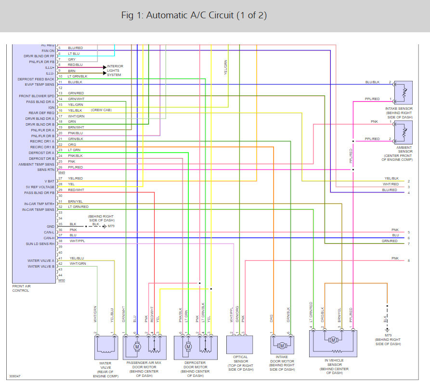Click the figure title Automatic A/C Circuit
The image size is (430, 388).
coord(194,15)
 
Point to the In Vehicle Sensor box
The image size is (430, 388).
coord(333,343)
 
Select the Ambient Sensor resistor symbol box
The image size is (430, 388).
coord(402,131)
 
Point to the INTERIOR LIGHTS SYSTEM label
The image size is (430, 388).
coord(115,70)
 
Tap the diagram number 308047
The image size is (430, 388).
coord(15,376)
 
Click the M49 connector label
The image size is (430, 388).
coord(61,172)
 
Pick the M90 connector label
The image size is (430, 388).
coord(61,280)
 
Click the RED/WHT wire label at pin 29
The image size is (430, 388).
coord(76,190)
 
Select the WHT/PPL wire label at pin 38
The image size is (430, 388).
coord(77,240)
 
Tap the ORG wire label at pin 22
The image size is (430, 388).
coord(72,144)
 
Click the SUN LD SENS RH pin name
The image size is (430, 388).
coord(41,244)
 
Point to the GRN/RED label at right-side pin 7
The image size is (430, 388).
coord(390,241)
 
